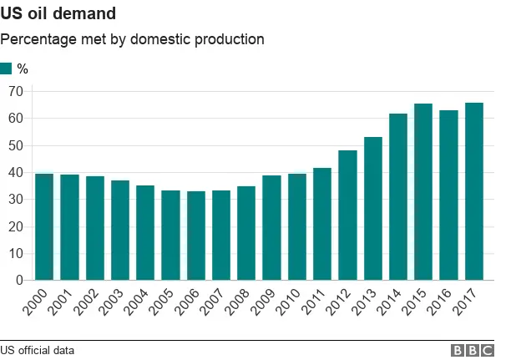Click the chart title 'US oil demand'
(x=58, y=14)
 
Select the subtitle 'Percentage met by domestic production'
(x=132, y=39)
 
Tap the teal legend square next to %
(x=7, y=68)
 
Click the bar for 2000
(x=44, y=226)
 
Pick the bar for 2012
(x=347, y=215)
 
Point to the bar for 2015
(x=423, y=192)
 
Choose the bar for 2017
(x=473, y=191)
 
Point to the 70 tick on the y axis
(x=15, y=91)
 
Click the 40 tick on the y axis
(x=15, y=172)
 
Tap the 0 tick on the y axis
(x=18, y=281)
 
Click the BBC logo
(x=473, y=351)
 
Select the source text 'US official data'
(x=38, y=351)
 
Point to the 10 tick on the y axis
(x=15, y=254)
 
